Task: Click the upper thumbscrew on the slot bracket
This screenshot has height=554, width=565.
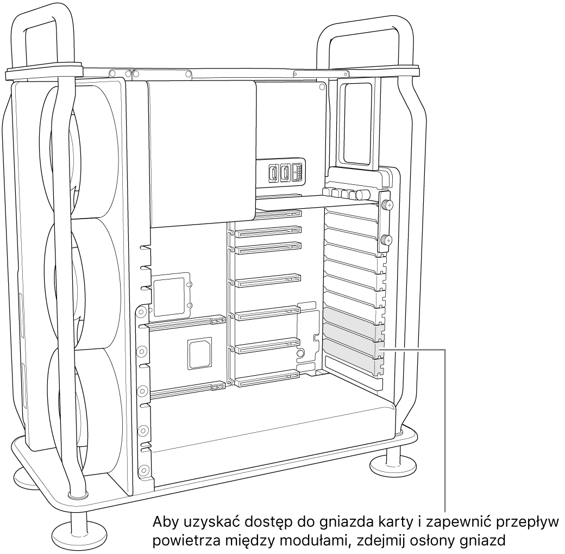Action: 387,205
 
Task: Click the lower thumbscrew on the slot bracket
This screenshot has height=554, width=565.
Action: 387,239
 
